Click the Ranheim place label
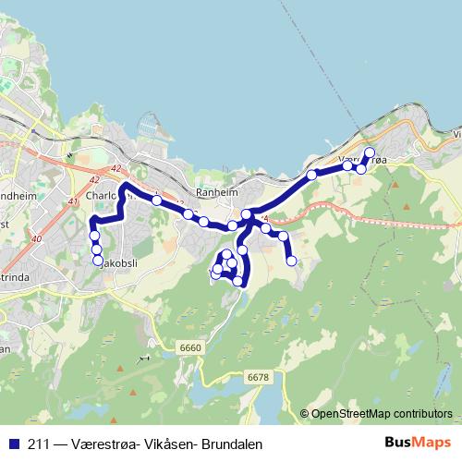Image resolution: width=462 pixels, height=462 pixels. click(x=218, y=194)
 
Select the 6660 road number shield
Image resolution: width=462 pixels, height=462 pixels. click(x=190, y=346)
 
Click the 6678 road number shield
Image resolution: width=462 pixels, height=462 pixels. click(x=258, y=377)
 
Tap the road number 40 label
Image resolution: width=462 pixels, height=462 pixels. click(x=36, y=240)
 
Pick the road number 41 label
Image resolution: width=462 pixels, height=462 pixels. click(x=75, y=201)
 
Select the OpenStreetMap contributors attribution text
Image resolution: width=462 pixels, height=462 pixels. click(x=382, y=413)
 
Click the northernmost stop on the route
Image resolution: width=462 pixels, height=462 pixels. click(x=370, y=152)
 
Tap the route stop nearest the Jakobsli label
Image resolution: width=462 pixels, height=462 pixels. click(x=98, y=261)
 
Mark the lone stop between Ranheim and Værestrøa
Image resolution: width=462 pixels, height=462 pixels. click(x=312, y=175)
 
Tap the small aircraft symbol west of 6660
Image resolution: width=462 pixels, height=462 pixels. click(x=143, y=358)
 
